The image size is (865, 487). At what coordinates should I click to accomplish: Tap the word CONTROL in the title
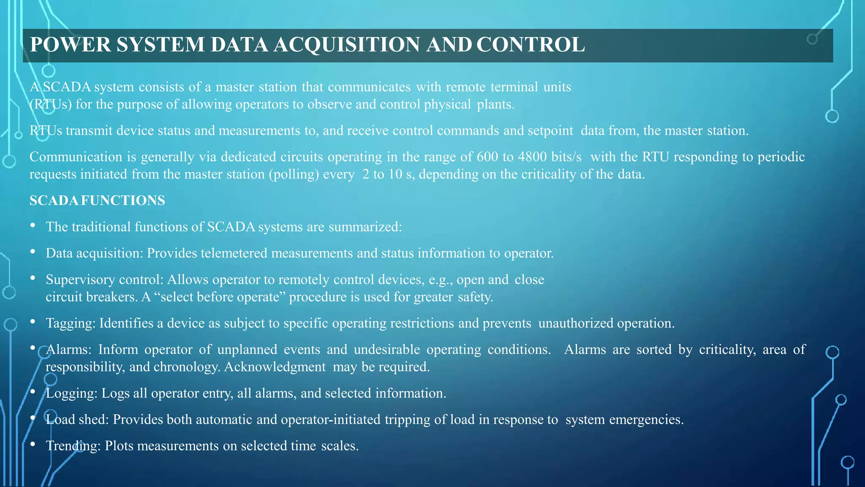530,45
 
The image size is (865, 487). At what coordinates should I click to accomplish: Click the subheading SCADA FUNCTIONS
97,200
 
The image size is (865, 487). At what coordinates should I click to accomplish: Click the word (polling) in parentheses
294,174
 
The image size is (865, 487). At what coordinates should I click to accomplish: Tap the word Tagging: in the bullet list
71,323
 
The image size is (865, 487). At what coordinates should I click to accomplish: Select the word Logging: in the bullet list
71,394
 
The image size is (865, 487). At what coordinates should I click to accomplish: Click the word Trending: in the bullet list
73,446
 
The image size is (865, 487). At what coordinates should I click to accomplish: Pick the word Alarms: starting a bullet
68,350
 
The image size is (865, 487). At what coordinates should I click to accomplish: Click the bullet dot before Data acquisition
33,252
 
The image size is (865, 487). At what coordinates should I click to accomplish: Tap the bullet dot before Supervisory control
33,278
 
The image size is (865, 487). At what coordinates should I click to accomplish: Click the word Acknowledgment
275,367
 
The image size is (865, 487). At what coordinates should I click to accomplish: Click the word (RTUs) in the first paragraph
51,104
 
